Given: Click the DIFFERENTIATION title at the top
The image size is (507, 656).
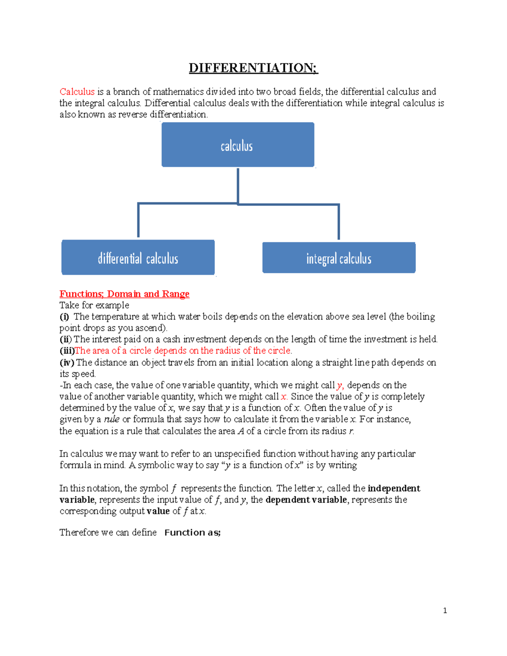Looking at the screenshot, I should [253, 68].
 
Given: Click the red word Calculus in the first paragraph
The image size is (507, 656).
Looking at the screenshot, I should [77, 92].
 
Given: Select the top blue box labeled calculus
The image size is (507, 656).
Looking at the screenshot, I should [237, 145].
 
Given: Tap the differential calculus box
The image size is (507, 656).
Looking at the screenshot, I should [138, 258].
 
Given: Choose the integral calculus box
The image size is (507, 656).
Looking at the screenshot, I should [338, 258].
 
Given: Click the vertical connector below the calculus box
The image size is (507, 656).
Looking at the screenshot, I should [238, 186].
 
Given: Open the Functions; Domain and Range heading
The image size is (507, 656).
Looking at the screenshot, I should [124, 294].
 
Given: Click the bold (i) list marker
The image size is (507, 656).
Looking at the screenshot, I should [64, 317].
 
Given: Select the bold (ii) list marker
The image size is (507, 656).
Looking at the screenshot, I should [65, 340].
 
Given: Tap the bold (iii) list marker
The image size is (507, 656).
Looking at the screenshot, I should [67, 351].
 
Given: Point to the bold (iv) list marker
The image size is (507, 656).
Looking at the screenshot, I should [67, 362].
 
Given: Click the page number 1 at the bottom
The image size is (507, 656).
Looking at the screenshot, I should [445, 610].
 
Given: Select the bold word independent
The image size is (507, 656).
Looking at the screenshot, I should [394, 488].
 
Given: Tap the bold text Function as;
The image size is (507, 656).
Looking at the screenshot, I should [192, 533].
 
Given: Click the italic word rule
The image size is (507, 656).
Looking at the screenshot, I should [112, 419].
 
